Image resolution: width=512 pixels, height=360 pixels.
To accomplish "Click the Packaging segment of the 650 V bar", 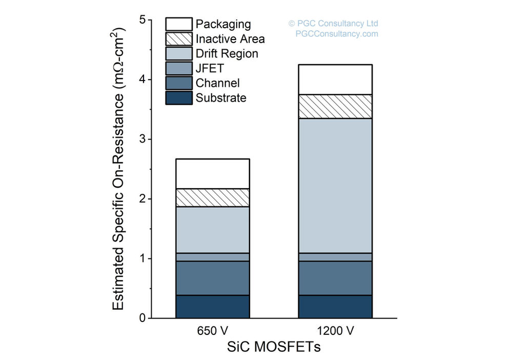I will click(x=213, y=174).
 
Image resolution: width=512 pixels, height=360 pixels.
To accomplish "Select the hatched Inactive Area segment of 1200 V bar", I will click(x=335, y=107).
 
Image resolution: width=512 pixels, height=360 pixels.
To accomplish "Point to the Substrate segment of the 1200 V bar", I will click(x=335, y=307).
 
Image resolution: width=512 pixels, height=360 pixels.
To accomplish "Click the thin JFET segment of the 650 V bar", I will click(x=213, y=257).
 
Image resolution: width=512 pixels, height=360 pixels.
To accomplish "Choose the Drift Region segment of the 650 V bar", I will click(x=213, y=230).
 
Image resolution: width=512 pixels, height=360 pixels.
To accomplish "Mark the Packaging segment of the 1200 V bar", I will click(x=335, y=79).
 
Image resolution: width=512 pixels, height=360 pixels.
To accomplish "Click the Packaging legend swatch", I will click(x=178, y=24).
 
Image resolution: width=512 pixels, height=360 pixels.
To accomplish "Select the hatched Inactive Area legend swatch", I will click(x=178, y=39).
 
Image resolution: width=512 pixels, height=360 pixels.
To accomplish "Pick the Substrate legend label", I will click(x=221, y=98).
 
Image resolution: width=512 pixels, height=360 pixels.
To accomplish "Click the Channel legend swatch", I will click(x=178, y=83).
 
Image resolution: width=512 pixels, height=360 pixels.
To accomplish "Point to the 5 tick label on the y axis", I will click(x=142, y=20).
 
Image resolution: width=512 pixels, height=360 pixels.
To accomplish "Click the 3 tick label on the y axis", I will click(x=142, y=139).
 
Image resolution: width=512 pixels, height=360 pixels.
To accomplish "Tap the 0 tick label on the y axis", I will click(x=142, y=318).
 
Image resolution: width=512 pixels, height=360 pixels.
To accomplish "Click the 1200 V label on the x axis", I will click(x=335, y=331).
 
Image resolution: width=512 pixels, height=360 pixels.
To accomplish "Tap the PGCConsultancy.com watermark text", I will click(x=337, y=34).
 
